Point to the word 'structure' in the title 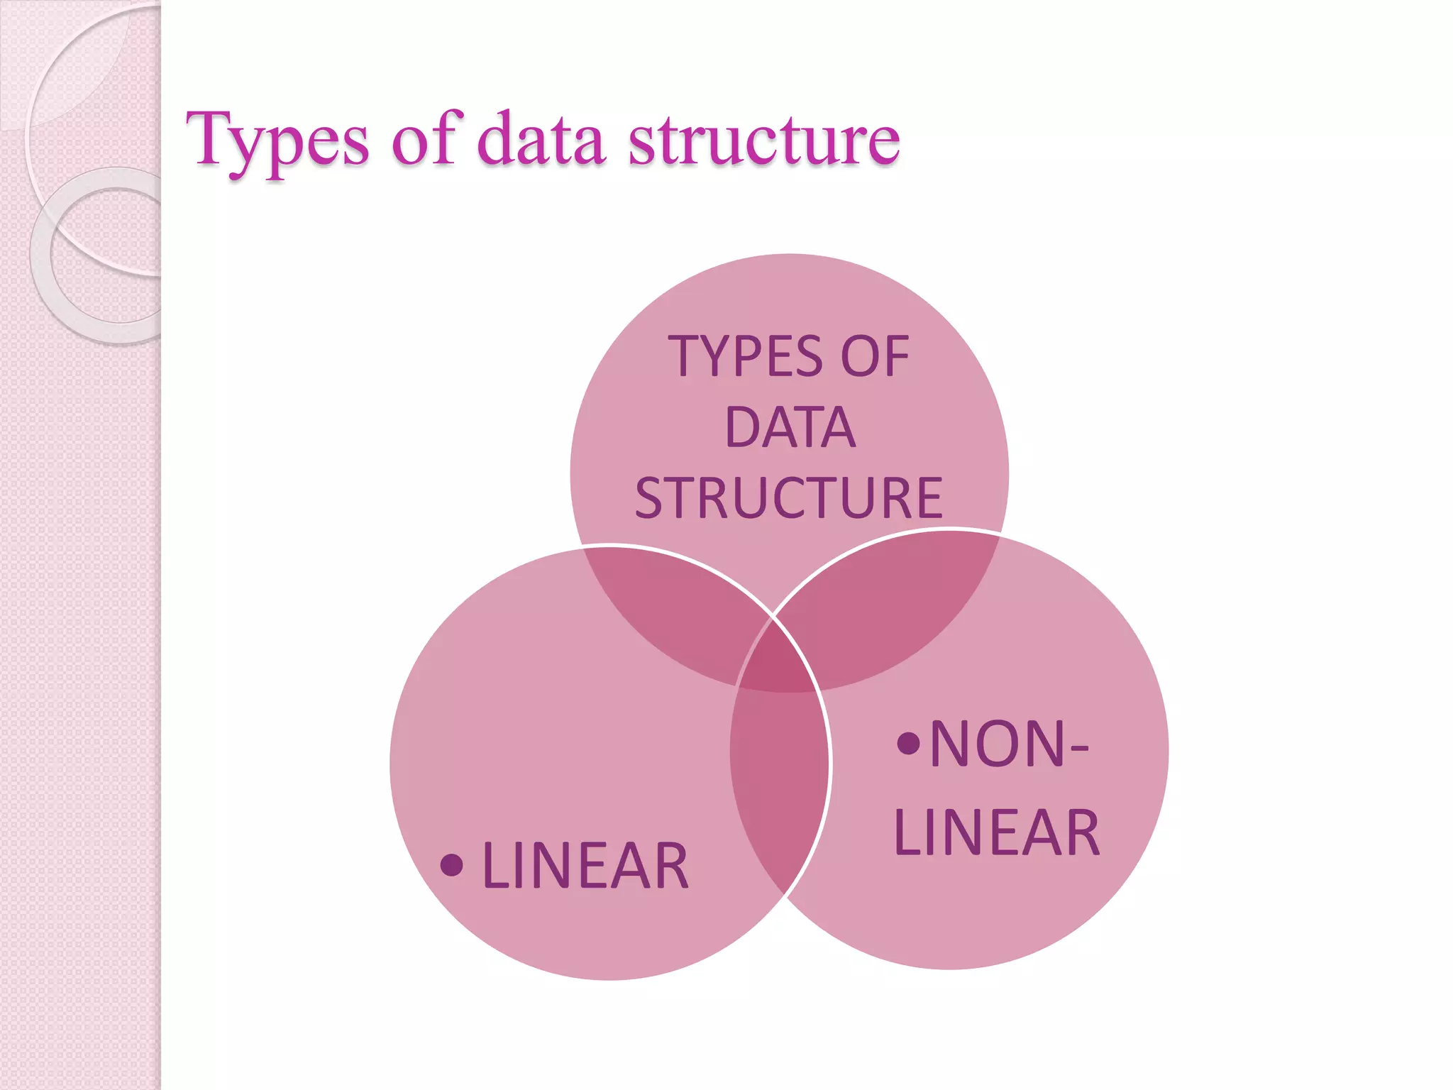tap(764, 141)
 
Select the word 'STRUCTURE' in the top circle tap(789, 498)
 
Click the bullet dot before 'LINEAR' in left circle tap(452, 864)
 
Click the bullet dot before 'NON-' tap(908, 743)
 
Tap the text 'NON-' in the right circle tap(1008, 744)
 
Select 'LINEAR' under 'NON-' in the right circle tap(997, 833)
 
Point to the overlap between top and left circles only tap(674, 610)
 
